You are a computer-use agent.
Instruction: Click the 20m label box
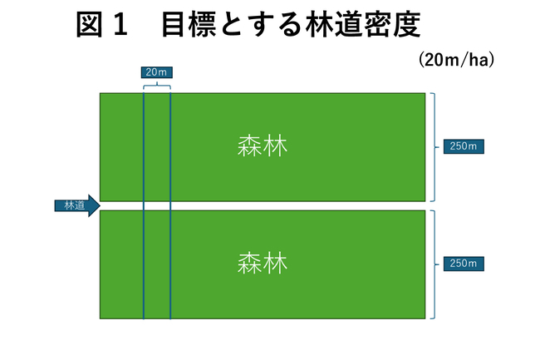(155, 72)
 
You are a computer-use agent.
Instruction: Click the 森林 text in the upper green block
(262, 146)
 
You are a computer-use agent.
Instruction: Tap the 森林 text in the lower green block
(262, 264)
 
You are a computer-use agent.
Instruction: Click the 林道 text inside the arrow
(70, 205)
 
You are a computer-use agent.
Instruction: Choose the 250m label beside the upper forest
(464, 147)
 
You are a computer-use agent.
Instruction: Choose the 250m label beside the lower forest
(464, 264)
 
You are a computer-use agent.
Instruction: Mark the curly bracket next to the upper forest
(434, 147)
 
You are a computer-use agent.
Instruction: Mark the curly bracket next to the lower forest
(434, 264)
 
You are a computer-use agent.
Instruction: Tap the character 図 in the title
(90, 25)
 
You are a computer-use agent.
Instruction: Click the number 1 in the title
(121, 25)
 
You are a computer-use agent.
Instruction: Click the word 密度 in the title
(397, 25)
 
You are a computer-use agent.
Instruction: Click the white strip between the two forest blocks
(291, 205)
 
